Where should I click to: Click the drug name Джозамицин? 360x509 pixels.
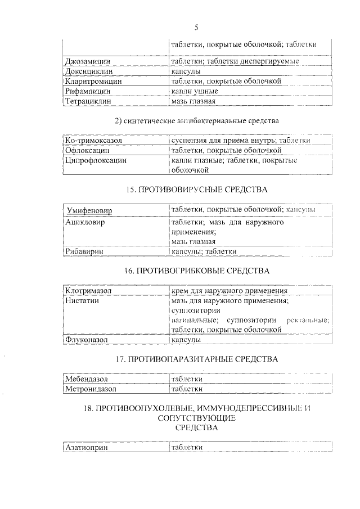87,61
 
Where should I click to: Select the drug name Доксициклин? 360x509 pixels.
88,71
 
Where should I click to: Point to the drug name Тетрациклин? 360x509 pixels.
88,101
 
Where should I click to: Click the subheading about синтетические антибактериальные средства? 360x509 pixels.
196,120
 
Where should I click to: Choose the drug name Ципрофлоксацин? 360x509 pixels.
96,160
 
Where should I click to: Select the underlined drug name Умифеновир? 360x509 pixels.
89,210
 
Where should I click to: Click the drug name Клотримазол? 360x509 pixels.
89,291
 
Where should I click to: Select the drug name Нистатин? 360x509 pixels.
82,301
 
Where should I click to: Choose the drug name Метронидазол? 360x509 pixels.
91,389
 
